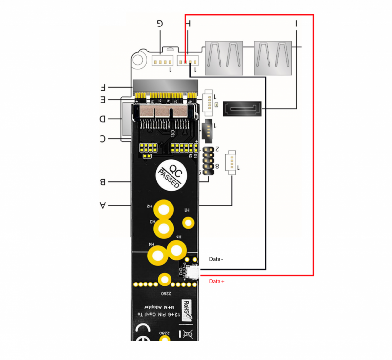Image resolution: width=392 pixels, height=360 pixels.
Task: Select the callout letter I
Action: pyautogui.click(x=296, y=23)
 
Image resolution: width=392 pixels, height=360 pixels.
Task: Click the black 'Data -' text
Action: pyautogui.click(x=216, y=259)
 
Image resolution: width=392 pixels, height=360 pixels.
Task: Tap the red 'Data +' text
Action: pyautogui.click(x=217, y=282)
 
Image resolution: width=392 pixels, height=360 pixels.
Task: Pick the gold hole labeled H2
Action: pyautogui.click(x=164, y=211)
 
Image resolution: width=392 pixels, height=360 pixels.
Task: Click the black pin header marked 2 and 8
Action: pyautogui.click(x=208, y=161)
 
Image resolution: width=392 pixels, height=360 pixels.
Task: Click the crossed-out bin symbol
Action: pyautogui.click(x=190, y=335)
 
